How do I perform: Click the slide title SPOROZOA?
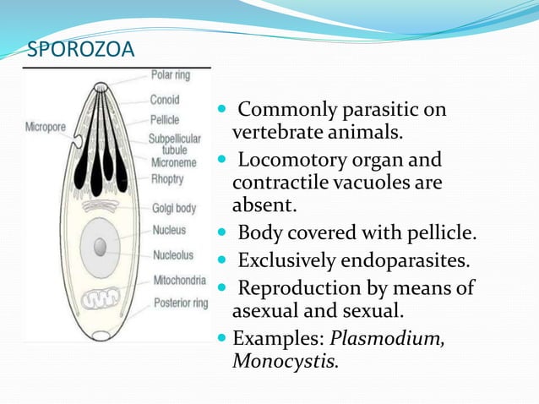pos(81,51)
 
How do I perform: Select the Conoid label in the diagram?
pos(164,100)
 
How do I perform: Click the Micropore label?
pos(45,127)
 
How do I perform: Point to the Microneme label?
pos(174,162)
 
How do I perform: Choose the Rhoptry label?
pos(168,178)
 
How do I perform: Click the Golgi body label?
pos(173,207)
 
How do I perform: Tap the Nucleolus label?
pos(173,254)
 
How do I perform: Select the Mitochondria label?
pos(179,280)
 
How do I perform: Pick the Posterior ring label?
pos(181,302)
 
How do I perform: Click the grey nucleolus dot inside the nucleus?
pos(100,246)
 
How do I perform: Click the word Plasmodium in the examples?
pos(387,340)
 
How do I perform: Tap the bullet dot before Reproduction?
pos(223,287)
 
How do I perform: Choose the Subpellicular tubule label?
pos(174,143)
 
